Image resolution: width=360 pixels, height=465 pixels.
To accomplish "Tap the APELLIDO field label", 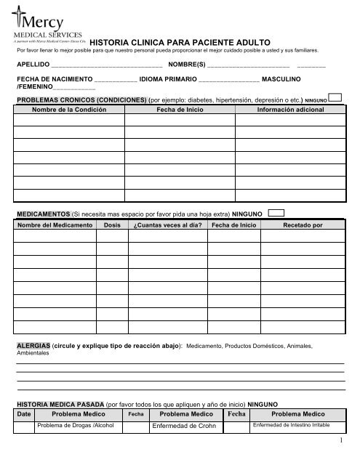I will (31, 65).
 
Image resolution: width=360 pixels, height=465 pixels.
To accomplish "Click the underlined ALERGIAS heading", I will (32, 344).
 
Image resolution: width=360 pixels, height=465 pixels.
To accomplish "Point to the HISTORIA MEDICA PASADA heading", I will (60, 402).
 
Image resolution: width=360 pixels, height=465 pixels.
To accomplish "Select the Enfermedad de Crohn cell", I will (181, 425).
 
